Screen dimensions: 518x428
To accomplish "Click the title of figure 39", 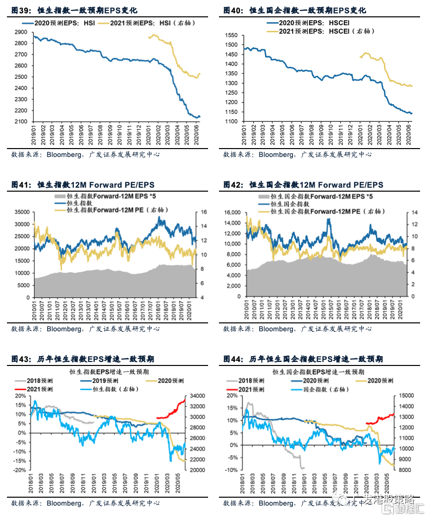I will (74, 10).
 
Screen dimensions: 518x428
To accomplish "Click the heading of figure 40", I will (295, 10).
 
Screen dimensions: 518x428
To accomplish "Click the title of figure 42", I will (303, 185).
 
